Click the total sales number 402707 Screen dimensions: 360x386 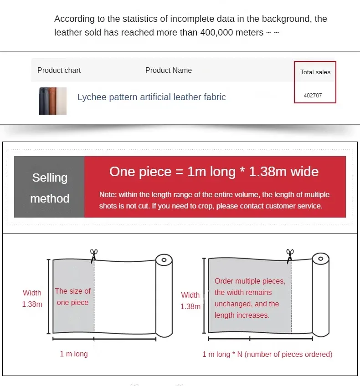point(313,96)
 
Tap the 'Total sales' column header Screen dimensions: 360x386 point(315,72)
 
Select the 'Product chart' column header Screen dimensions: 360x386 point(59,71)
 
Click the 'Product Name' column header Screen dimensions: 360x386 point(169,71)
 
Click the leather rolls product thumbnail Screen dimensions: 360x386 point(53,101)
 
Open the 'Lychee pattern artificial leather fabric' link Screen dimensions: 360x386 point(152,97)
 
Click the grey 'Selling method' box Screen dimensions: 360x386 point(49,187)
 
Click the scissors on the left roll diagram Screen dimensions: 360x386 point(93,256)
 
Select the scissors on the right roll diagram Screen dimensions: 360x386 point(290,256)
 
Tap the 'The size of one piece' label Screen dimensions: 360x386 point(73,297)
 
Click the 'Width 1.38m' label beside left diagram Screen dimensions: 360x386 point(32,298)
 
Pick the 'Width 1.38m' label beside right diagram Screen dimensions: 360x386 point(190,300)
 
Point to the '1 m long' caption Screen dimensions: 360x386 point(74,354)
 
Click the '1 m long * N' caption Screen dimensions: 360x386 point(267,354)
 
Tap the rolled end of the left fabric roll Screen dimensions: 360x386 point(164,295)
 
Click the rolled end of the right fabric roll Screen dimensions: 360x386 point(321,295)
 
